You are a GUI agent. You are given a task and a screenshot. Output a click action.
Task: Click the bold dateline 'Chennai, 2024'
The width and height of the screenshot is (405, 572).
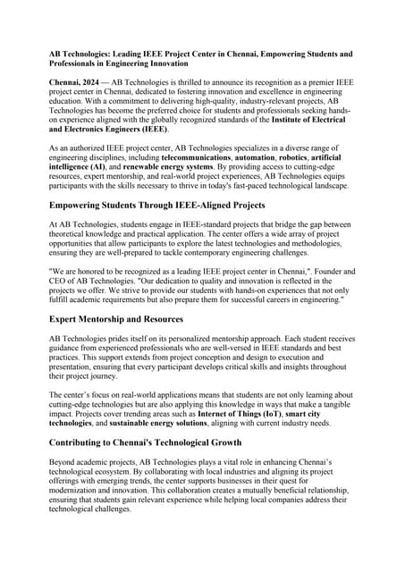pyautogui.click(x=76, y=81)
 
